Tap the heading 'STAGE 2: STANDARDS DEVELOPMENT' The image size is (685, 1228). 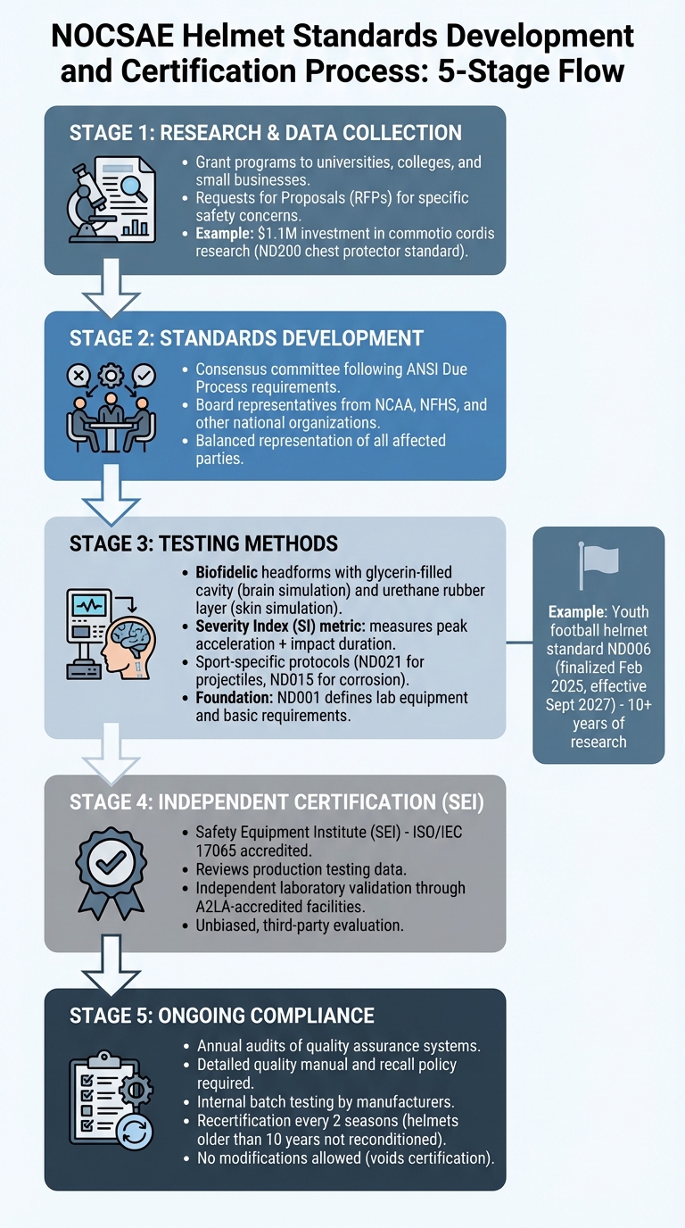click(x=246, y=338)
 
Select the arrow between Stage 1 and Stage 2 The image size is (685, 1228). click(x=112, y=289)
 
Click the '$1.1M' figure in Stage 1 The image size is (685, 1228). click(x=277, y=233)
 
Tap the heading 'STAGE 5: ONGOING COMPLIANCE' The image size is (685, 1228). click(x=222, y=1016)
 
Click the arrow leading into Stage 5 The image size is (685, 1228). click(x=112, y=964)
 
